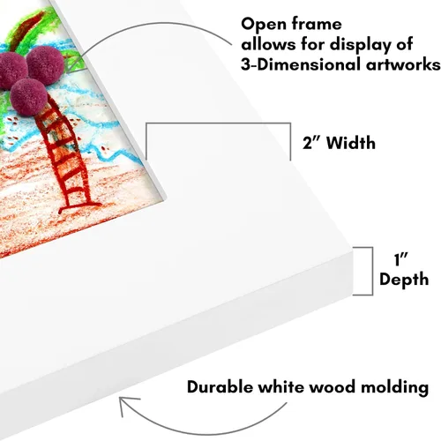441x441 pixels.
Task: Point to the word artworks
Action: (403, 65)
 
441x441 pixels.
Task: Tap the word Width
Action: (351, 143)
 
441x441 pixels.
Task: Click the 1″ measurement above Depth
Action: (400, 259)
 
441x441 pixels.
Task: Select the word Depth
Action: (404, 280)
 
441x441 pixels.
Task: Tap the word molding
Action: (394, 388)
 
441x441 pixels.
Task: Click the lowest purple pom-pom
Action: (28, 97)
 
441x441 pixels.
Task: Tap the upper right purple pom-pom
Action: (45, 65)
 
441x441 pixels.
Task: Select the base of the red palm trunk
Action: (78, 206)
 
